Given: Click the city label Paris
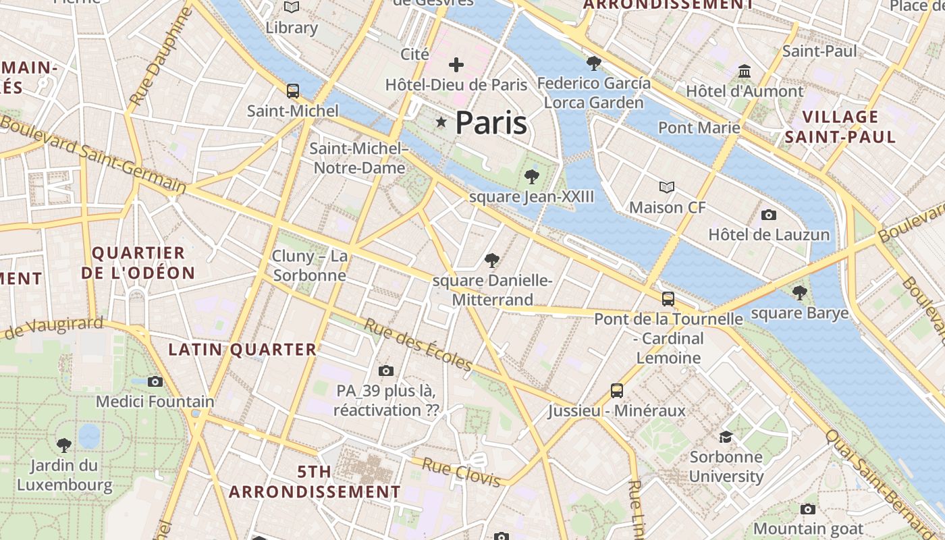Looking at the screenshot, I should click(x=491, y=123).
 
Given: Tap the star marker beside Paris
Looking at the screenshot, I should click(x=441, y=122).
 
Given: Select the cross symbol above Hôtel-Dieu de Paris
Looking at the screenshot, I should click(x=456, y=65).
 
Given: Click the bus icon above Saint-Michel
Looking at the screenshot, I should click(x=292, y=90).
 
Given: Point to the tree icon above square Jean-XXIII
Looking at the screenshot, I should click(x=532, y=177).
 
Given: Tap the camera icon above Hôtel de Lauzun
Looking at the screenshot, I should click(x=768, y=215).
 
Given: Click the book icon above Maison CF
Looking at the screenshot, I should click(x=667, y=187).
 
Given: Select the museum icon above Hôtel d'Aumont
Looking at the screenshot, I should click(x=745, y=71).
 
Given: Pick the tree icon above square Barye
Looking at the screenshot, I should click(x=800, y=293).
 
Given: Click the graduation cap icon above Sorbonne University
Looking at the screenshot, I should click(x=726, y=437).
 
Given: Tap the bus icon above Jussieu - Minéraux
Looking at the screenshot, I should click(x=616, y=390).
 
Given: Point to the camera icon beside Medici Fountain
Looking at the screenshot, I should click(x=155, y=381).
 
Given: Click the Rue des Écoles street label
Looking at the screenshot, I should click(x=418, y=345).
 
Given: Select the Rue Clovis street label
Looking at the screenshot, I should click(x=462, y=471).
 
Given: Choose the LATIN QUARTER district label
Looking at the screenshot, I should click(x=242, y=350).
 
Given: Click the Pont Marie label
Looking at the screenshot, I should click(x=699, y=128).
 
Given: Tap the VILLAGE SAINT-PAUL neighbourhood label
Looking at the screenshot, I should click(x=840, y=127).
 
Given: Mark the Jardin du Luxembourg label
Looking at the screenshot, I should click(x=65, y=475).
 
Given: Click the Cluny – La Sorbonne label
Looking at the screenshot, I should click(x=310, y=265).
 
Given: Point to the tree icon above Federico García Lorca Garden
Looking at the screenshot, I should click(x=594, y=63).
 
